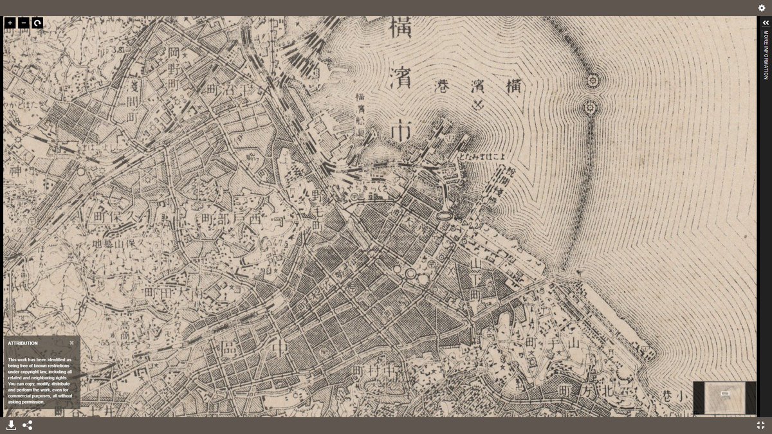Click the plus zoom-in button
point(10,23)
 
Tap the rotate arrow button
point(37,23)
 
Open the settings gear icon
point(762,8)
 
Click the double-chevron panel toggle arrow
point(766,23)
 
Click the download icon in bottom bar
point(11,425)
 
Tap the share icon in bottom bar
point(28,425)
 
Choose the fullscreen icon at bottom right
point(761,425)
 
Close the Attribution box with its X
point(71,343)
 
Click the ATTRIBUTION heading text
point(23,343)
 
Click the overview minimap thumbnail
point(725,397)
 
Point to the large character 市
point(401,131)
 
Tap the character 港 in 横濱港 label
point(444,86)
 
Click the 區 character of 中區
point(229,349)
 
